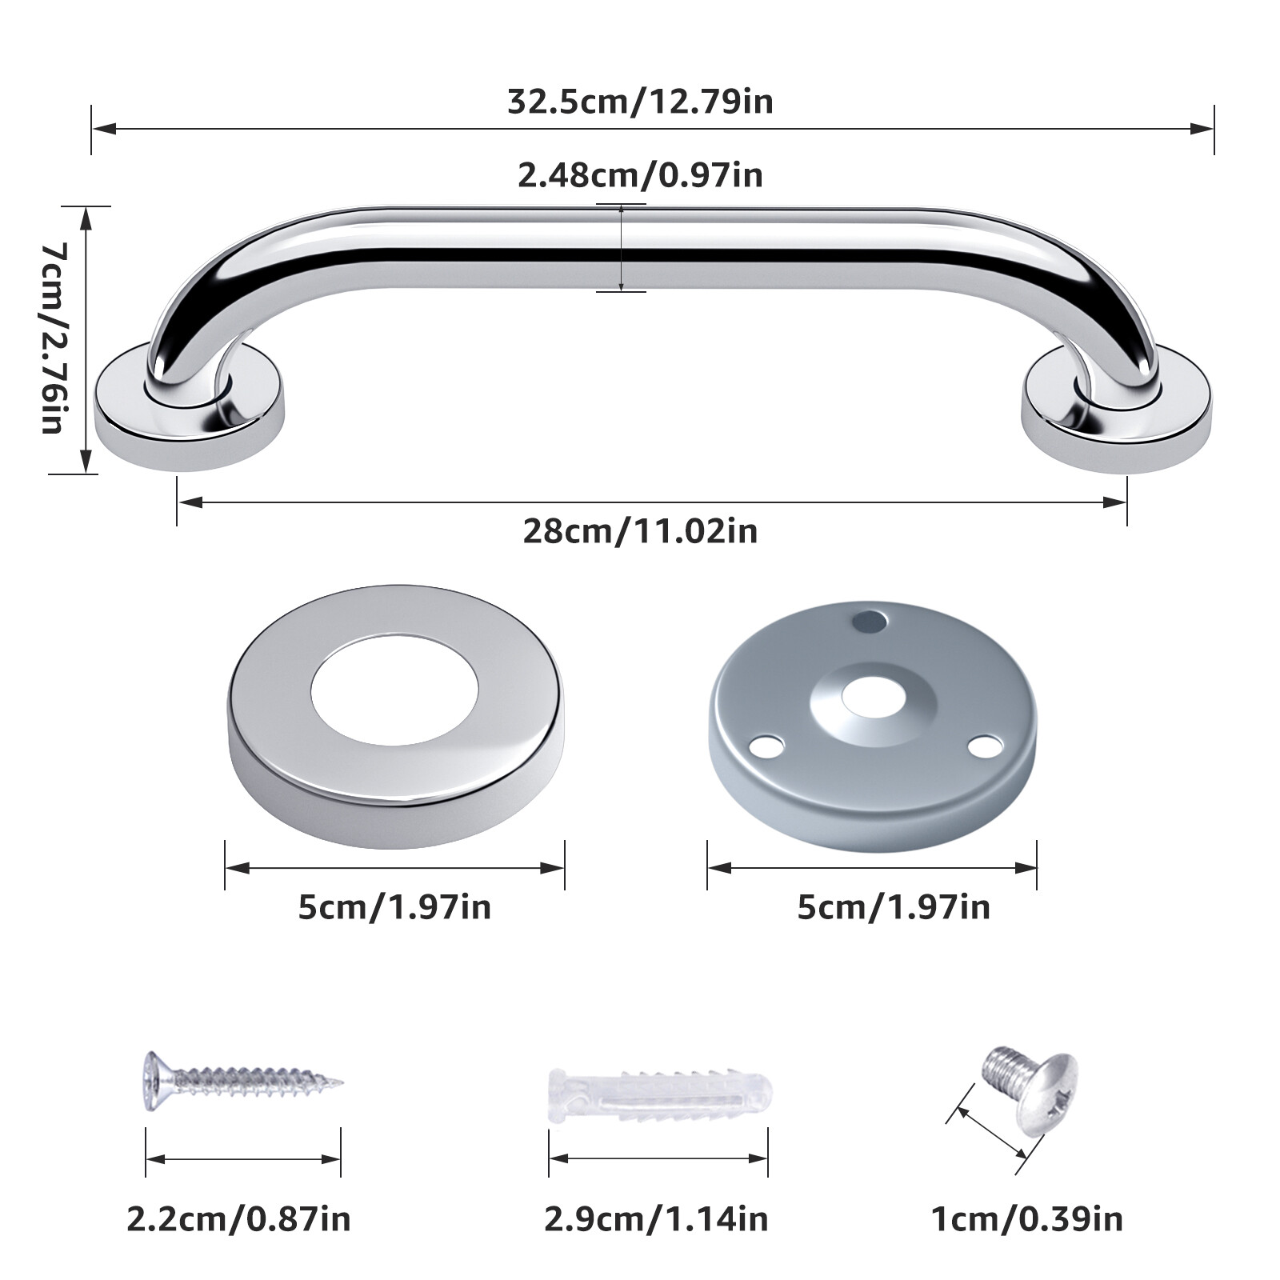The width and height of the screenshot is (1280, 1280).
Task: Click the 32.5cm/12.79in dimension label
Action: coord(640,102)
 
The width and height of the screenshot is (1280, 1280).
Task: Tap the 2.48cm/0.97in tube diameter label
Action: coord(640,175)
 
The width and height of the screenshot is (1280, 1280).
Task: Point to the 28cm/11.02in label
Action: coord(640,531)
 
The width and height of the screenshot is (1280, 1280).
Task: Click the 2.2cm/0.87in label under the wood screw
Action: coord(238,1219)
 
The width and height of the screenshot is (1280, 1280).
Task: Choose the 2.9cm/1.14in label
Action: coord(656,1219)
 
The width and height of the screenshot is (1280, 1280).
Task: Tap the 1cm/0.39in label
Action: coord(1026,1219)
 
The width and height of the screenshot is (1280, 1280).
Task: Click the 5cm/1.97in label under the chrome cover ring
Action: coord(394,907)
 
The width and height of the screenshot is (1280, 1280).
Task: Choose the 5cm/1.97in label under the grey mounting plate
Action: coord(894,907)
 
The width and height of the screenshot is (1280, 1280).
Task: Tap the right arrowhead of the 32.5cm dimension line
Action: coord(1204,128)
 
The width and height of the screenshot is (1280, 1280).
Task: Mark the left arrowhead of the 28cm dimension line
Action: coord(189,502)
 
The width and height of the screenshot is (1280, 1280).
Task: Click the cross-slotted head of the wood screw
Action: coord(155,1081)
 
